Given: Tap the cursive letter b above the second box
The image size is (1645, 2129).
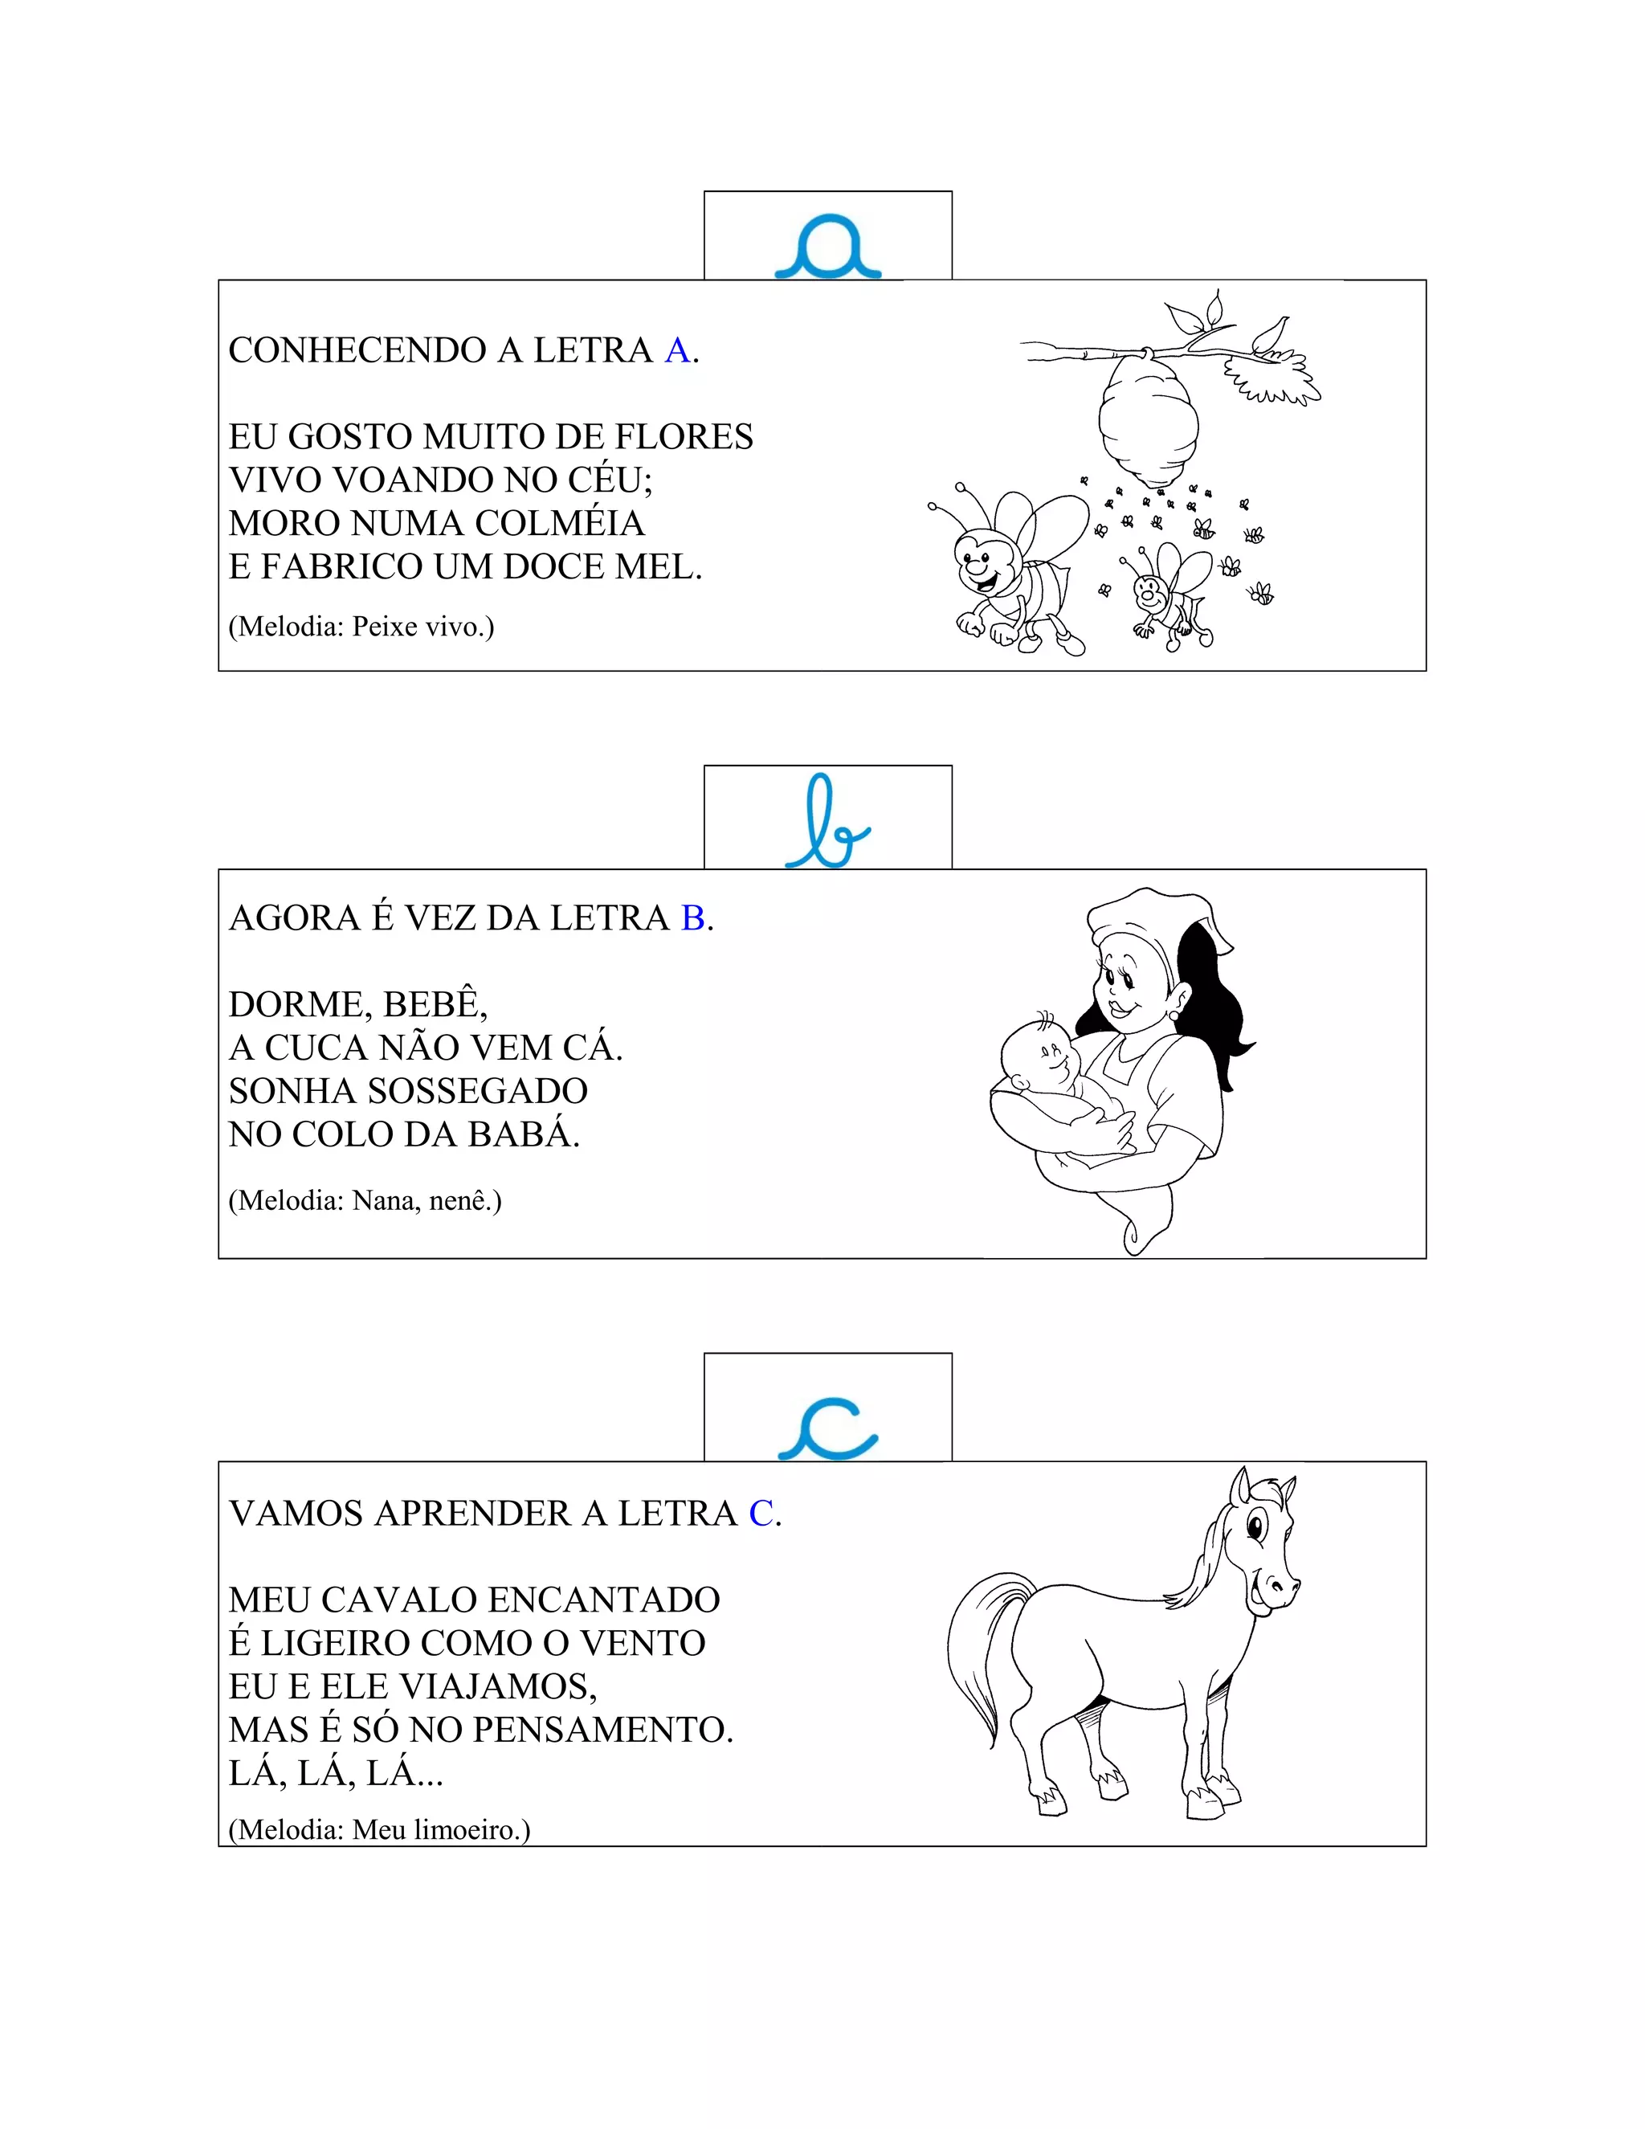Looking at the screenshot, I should pyautogui.click(x=827, y=823).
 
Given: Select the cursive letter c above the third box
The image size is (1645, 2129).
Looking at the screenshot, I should pyautogui.click(x=828, y=1429).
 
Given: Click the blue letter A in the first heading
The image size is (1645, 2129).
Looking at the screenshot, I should pyautogui.click(x=677, y=351).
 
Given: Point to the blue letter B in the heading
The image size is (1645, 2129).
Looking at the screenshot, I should pyautogui.click(x=693, y=918).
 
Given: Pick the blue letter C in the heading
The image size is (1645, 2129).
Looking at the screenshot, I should pyautogui.click(x=761, y=1514).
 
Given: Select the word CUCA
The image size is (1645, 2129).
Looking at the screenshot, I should pyautogui.click(x=316, y=1048).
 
